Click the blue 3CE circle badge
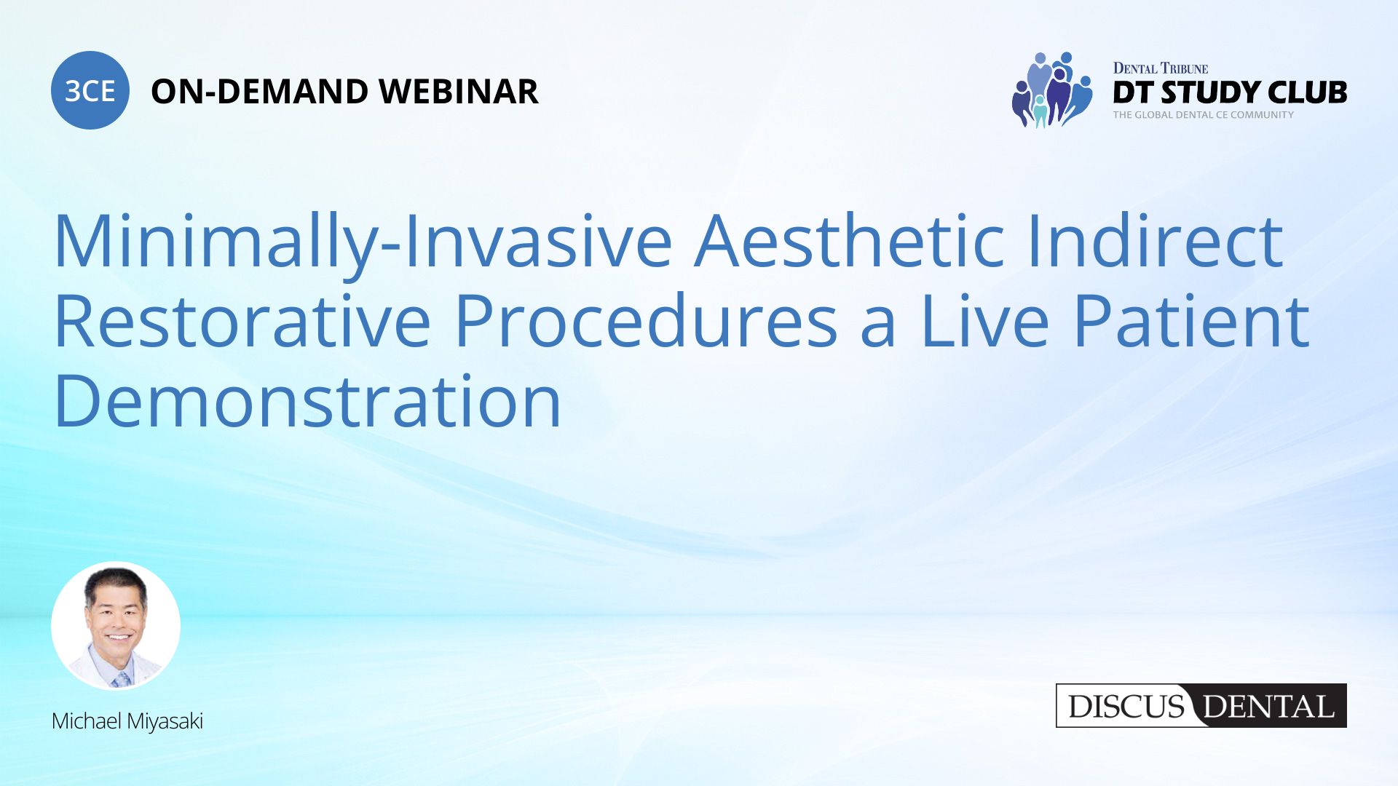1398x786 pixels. tap(90, 90)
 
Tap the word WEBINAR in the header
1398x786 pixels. tap(459, 92)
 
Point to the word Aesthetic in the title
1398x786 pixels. tap(850, 240)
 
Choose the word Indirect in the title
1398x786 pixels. tap(1156, 240)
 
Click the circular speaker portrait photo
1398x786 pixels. tap(116, 626)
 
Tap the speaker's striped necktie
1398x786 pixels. tap(121, 679)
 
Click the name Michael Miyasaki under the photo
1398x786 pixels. tap(127, 721)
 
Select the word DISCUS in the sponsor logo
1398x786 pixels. tap(1126, 707)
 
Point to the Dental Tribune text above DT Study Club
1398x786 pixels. tap(1161, 68)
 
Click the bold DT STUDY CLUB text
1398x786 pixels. tap(1230, 92)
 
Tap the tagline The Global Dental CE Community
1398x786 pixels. tap(1204, 115)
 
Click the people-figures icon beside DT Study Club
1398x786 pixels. tap(1052, 90)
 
